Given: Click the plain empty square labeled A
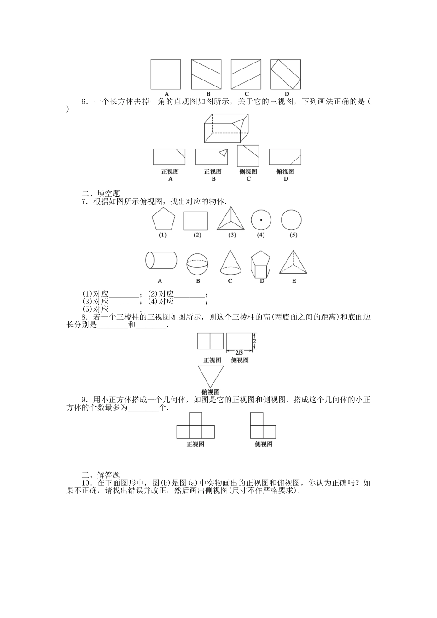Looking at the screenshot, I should pyautogui.click(x=166, y=74).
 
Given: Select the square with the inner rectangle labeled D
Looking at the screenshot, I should pyautogui.click(x=286, y=74).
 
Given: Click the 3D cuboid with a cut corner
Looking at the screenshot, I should pyautogui.click(x=226, y=128).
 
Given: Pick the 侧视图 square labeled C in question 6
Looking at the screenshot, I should pyautogui.click(x=248, y=156).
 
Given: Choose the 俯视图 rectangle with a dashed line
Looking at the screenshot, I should pyautogui.click(x=285, y=157).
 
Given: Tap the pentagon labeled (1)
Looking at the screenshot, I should pyautogui.click(x=163, y=220).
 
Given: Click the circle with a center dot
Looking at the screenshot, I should pyautogui.click(x=261, y=220).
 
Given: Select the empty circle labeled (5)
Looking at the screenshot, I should pyautogui.click(x=291, y=220).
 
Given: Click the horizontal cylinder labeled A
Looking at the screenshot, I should pyautogui.click(x=161, y=260).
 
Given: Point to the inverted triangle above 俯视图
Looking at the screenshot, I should pyautogui.click(x=211, y=376).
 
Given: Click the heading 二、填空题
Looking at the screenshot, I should pyautogui.click(x=100, y=194).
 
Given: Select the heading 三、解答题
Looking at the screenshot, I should pyautogui.click(x=100, y=475).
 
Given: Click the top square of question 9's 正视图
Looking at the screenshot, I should pyautogui.click(x=195, y=419).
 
